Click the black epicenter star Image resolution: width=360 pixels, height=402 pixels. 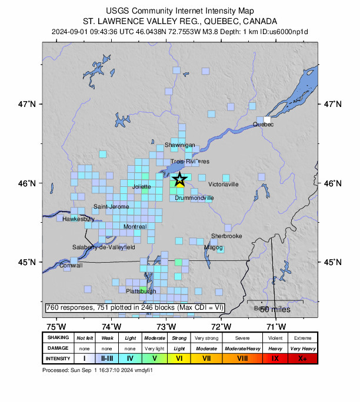pyautogui.click(x=180, y=180)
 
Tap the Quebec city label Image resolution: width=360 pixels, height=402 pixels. pyautogui.click(x=263, y=124)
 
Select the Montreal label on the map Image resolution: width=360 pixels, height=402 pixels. pyautogui.click(x=135, y=227)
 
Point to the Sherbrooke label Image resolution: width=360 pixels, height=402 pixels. pyautogui.click(x=226, y=236)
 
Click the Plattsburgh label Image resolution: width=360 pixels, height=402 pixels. pyautogui.click(x=141, y=291)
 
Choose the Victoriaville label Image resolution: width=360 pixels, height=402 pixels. pyautogui.click(x=224, y=185)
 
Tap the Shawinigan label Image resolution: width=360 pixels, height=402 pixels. pyautogui.click(x=179, y=145)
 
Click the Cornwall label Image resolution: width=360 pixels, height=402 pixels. pyautogui.click(x=71, y=266)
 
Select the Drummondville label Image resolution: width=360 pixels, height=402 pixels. pyautogui.click(x=194, y=198)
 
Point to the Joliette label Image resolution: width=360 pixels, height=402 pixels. pyautogui.click(x=142, y=187)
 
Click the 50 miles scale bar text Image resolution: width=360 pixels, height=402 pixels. pyautogui.click(x=273, y=309)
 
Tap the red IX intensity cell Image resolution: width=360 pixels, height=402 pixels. pyautogui.click(x=275, y=358)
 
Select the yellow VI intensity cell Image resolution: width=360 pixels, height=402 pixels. pyautogui.click(x=179, y=358)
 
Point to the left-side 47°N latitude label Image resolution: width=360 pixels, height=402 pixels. pyautogui.click(x=27, y=104)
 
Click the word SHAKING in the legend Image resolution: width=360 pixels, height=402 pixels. pyautogui.click(x=58, y=338)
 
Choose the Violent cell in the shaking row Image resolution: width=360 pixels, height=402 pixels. pyautogui.click(x=275, y=338)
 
